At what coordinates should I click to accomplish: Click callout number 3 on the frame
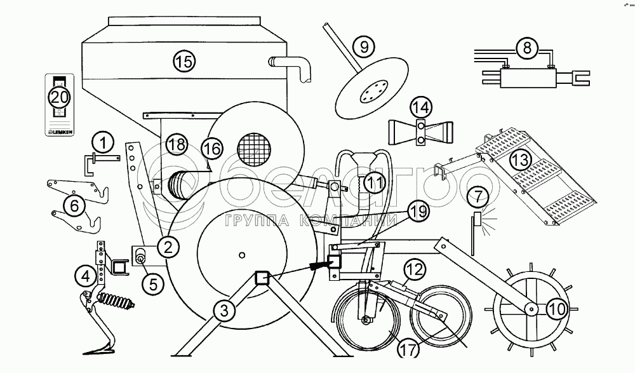click(x=222, y=311)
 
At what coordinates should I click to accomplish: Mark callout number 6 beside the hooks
click(x=74, y=205)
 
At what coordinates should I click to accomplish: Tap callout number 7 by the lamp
click(x=477, y=198)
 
